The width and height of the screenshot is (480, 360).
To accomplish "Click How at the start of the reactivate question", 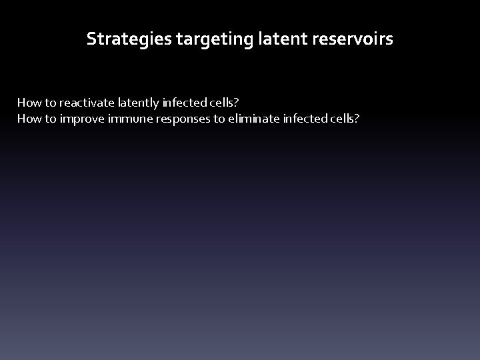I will [x=29, y=103].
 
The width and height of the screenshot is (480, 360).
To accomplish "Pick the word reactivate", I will [x=87, y=103].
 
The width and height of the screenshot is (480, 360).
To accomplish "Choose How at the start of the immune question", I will [x=29, y=119].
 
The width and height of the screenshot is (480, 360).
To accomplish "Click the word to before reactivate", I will [x=50, y=103].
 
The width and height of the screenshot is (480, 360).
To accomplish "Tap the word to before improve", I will [x=50, y=119].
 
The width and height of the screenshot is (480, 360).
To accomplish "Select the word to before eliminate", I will [x=220, y=119].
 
